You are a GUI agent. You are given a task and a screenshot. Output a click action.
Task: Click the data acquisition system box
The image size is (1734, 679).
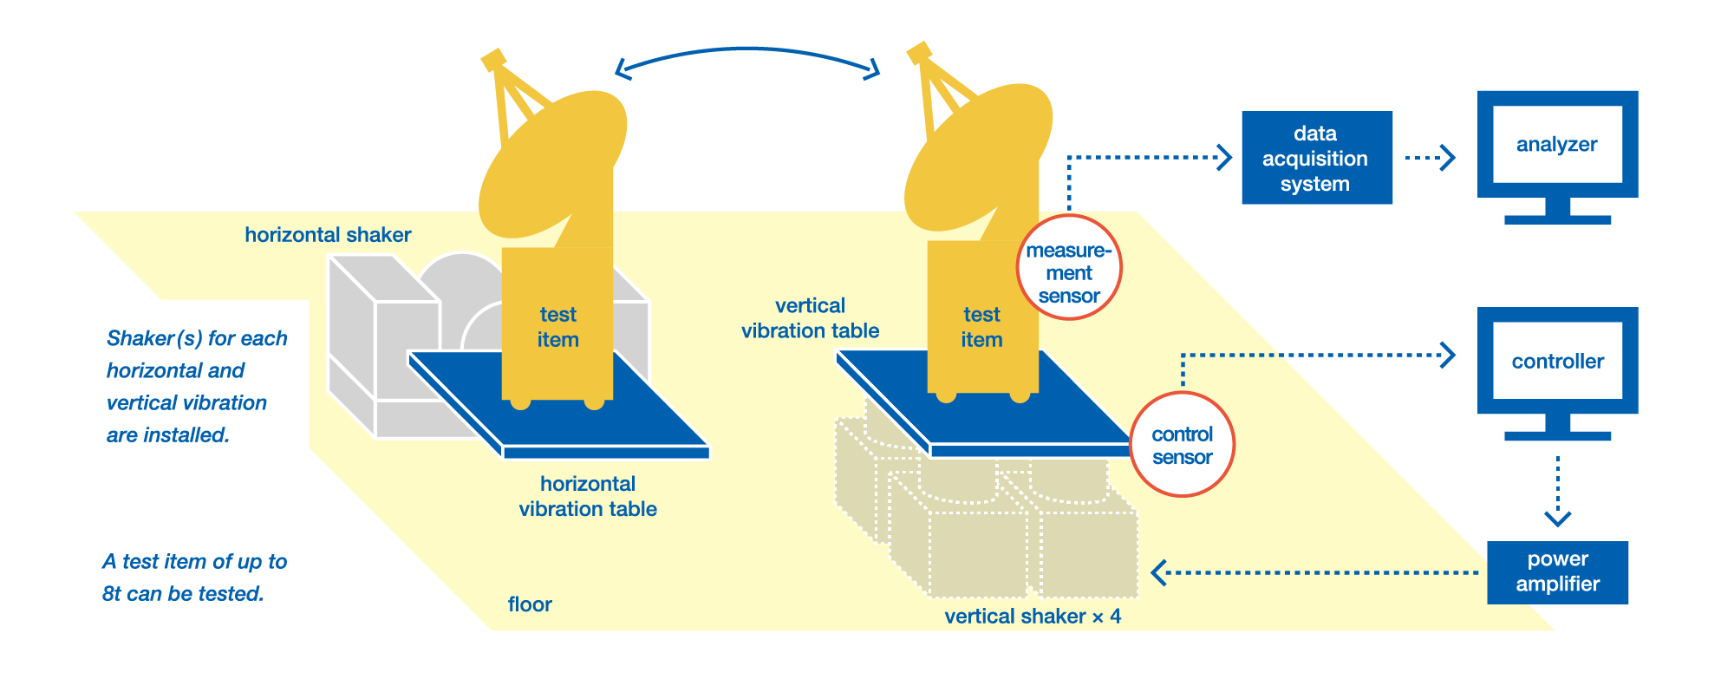(1316, 158)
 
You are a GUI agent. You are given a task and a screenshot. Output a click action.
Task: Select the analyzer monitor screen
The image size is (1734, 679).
(1557, 144)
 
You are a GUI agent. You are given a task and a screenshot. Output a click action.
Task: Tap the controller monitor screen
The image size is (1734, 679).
(1557, 361)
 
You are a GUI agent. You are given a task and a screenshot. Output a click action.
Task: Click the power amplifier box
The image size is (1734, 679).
(1557, 571)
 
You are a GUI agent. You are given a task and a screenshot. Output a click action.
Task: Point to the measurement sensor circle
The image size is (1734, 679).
(1069, 269)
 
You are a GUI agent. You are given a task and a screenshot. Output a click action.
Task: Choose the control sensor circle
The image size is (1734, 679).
(1182, 444)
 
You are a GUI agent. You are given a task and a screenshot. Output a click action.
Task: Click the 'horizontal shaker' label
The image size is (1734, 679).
(328, 235)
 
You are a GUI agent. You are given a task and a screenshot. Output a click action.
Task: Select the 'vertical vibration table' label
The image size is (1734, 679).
(810, 318)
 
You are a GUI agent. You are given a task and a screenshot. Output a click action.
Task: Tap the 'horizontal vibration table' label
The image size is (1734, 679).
(588, 496)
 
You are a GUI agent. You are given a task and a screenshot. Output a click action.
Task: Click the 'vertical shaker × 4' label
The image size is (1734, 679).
(1032, 617)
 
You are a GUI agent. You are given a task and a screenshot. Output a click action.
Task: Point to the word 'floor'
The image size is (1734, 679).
(530, 604)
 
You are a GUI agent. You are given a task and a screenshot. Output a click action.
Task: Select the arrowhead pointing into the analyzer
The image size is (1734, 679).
(1448, 158)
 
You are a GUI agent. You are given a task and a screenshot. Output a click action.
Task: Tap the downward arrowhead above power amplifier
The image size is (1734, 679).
(1557, 519)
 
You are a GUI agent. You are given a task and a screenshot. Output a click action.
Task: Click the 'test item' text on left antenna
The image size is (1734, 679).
(557, 327)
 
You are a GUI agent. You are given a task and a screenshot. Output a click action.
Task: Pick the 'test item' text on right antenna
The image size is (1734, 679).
(981, 327)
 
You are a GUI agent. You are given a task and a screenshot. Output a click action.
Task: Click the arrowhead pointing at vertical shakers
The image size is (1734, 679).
(1159, 572)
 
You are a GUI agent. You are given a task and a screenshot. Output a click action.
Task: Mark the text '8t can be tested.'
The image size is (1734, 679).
(183, 594)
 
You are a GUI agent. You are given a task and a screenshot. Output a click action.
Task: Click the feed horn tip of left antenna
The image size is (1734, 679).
(492, 59)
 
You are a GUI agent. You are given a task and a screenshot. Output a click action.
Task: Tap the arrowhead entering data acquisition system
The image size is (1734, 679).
(1225, 158)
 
